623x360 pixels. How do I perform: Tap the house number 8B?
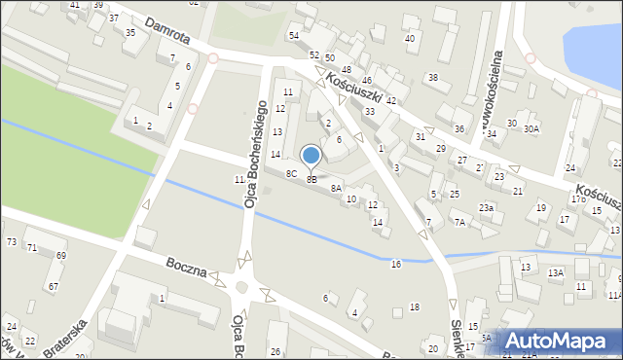[x=311, y=180]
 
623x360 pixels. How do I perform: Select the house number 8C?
[x=291, y=173]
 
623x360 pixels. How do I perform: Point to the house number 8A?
[x=336, y=189]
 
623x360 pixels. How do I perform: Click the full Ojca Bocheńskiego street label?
[x=255, y=154]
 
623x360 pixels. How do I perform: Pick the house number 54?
[x=293, y=35]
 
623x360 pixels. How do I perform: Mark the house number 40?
[x=410, y=38]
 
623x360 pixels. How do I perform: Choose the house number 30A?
[x=531, y=128]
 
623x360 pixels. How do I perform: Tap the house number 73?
[x=12, y=241]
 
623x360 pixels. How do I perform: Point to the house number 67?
[x=53, y=287]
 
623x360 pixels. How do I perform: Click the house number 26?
[x=275, y=351]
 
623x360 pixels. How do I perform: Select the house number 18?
[x=415, y=307]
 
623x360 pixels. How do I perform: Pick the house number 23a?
[x=485, y=208]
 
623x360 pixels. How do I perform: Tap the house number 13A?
[x=555, y=273]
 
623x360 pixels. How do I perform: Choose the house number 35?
[x=130, y=32]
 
